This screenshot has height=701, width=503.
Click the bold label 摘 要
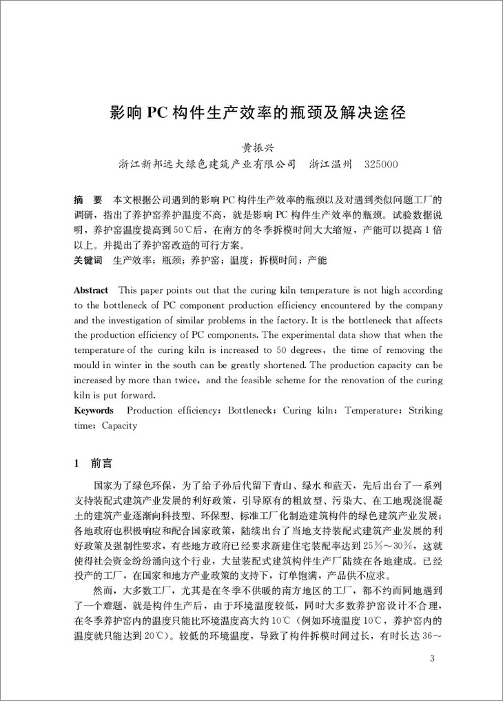click(88, 199)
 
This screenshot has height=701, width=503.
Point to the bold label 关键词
click(88, 261)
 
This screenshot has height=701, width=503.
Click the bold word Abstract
click(91, 291)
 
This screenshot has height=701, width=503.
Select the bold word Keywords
click(94, 410)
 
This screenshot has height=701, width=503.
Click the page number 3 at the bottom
click(431, 659)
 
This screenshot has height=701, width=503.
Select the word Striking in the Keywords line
click(426, 411)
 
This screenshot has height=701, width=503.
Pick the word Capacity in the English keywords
click(119, 425)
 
